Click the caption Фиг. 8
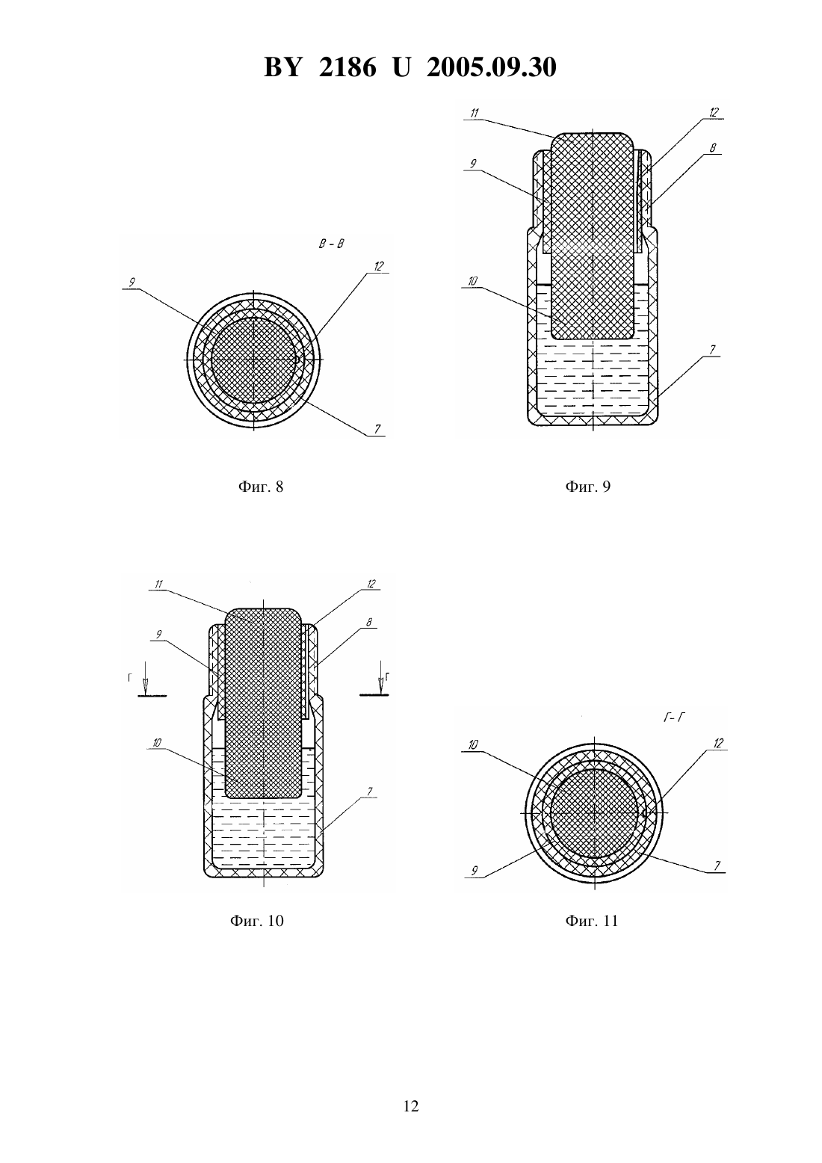click(261, 487)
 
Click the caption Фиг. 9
click(588, 487)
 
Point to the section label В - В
click(332, 244)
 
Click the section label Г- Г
click(675, 718)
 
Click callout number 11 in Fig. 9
click(475, 113)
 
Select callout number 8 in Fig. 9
click(713, 148)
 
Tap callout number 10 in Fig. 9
click(472, 281)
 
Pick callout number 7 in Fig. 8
click(377, 429)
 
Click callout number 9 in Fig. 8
click(132, 283)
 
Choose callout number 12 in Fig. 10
click(371, 584)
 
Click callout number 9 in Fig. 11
click(475, 871)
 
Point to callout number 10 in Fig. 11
click(473, 745)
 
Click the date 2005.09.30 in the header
click(492, 67)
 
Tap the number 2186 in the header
click(347, 67)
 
